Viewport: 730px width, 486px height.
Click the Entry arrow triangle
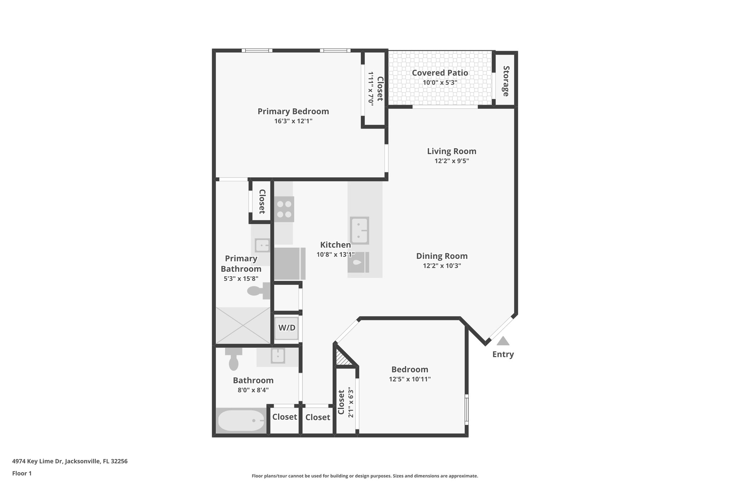coord(503,341)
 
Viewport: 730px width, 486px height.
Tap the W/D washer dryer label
coord(287,328)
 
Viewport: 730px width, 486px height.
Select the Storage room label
coord(506,81)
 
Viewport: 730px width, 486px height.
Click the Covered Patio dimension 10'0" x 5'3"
coord(440,83)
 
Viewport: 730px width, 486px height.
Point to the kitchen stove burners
coord(284,209)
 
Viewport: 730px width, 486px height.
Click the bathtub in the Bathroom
coord(241,420)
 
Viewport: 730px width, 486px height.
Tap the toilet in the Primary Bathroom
coord(259,291)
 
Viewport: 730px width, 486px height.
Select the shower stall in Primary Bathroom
coord(243,325)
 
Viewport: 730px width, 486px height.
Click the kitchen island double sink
coord(359,230)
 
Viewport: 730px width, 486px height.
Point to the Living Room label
coord(452,151)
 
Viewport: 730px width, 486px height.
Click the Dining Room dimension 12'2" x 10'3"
coord(442,266)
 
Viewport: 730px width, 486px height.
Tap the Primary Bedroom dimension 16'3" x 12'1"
coord(293,121)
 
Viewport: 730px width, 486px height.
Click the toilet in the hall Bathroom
coord(234,359)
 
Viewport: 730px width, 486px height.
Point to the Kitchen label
coord(335,245)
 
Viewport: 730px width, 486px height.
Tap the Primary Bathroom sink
coord(262,245)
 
